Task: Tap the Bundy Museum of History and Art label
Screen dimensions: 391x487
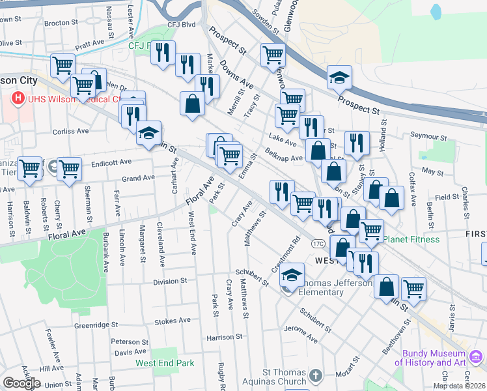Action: pos(434,358)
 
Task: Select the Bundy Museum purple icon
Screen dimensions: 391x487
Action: pos(475,356)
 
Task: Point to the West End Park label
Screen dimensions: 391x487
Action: pos(165,363)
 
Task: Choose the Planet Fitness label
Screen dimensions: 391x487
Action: pos(411,239)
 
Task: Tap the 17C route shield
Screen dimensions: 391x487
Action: pos(317,243)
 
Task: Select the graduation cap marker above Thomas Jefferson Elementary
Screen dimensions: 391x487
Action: pos(292,274)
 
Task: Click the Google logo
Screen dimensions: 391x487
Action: pos(21,383)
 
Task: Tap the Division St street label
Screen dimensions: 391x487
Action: pos(170,282)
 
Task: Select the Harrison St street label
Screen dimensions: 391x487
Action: pos(224,338)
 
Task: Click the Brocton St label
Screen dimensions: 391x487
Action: pos(61,23)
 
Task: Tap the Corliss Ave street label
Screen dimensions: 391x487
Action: pos(70,131)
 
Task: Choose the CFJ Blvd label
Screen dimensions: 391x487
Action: pos(181,25)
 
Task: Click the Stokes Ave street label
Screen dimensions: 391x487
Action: pos(173,321)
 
